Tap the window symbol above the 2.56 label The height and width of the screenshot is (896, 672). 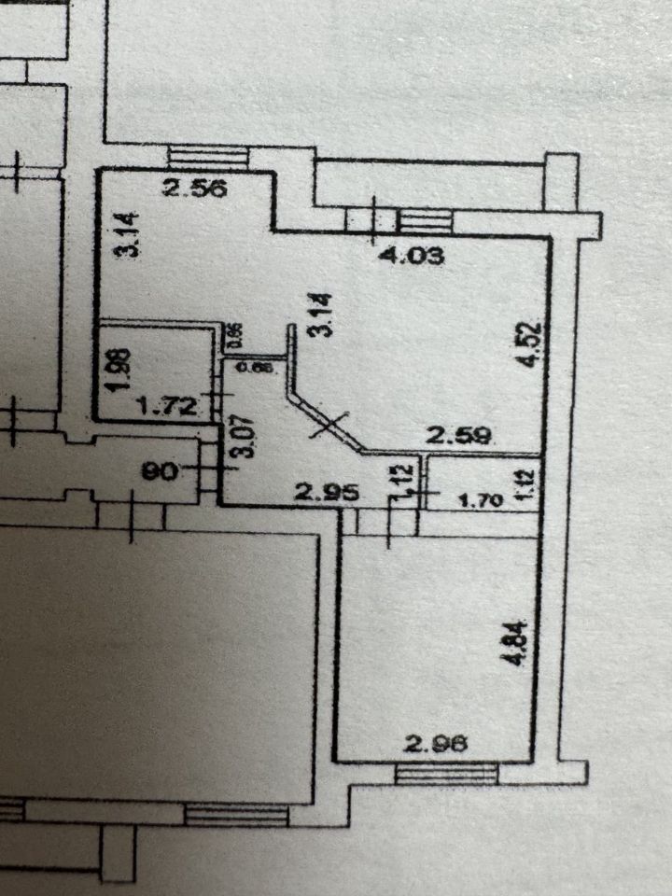(x=207, y=158)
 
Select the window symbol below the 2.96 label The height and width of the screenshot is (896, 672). (x=445, y=773)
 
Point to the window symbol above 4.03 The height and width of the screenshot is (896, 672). (x=425, y=220)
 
